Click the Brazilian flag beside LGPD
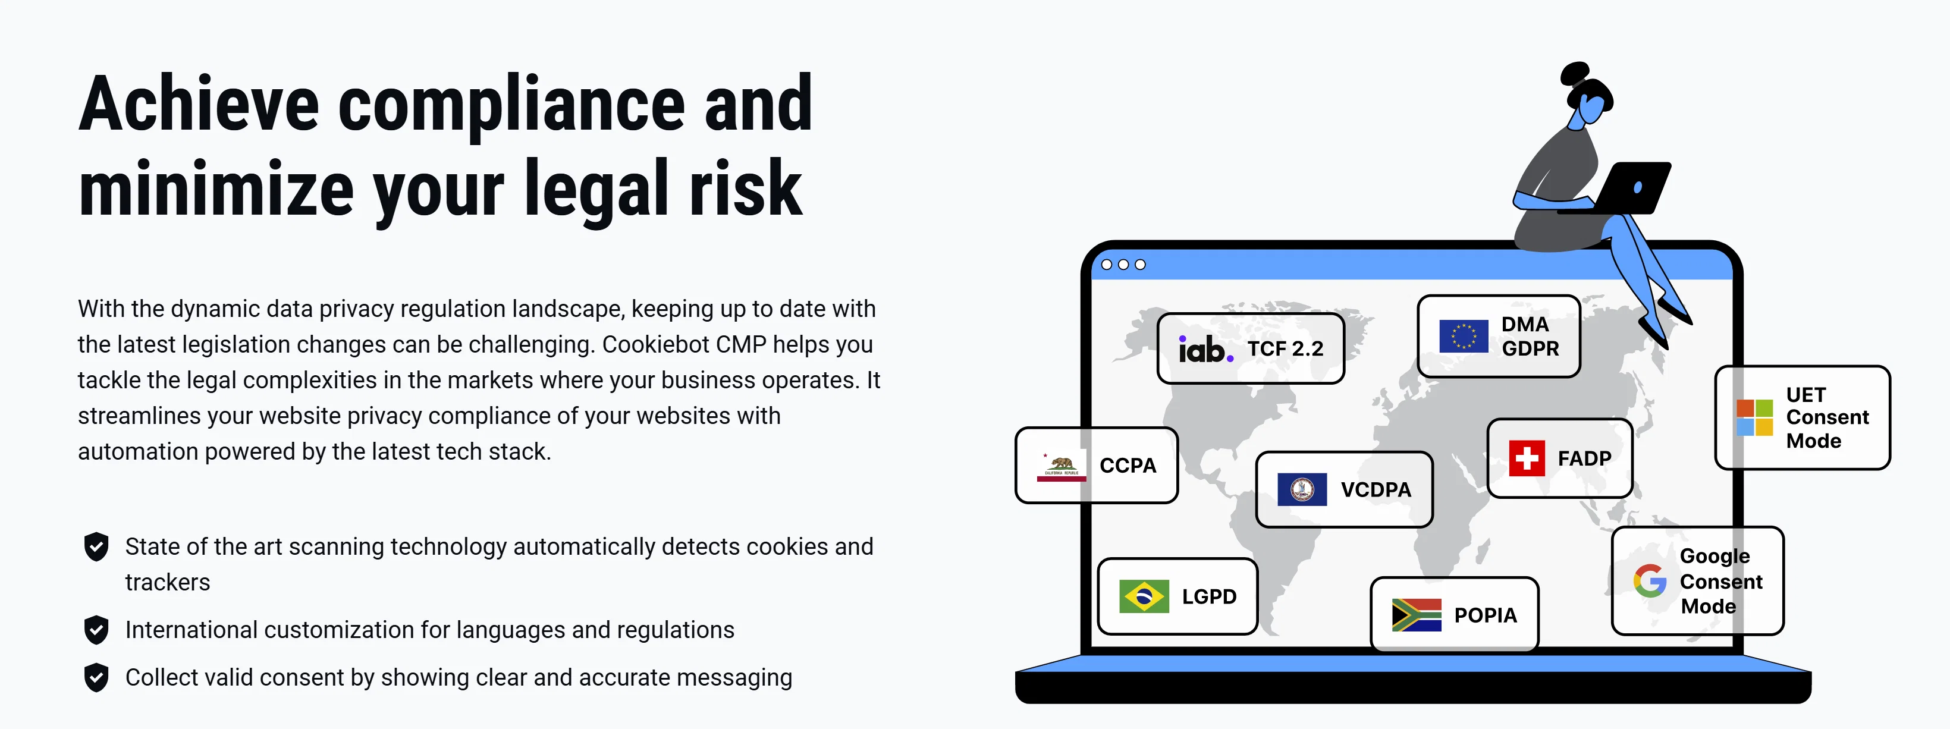coord(1144,596)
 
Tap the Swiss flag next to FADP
coord(1527,458)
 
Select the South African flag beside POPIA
coord(1417,615)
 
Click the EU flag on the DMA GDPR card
coord(1464,336)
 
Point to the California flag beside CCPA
coord(1062,466)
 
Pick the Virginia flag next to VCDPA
coord(1302,489)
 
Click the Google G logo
coord(1650,580)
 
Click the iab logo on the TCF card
coord(1205,349)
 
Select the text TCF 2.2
coord(1285,349)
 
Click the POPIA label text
coord(1485,615)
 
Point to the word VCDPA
coord(1376,490)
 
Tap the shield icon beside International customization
coord(96,630)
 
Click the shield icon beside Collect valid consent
coord(96,677)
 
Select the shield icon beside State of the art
coord(96,546)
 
